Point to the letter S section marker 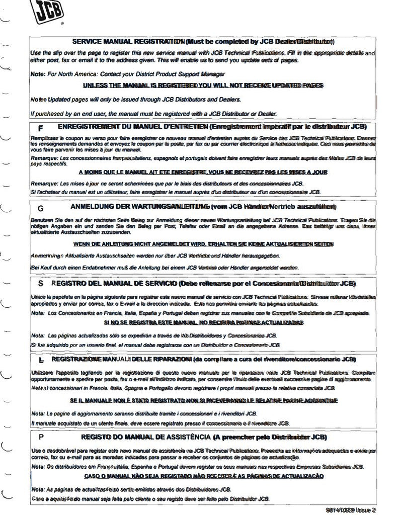(x=40, y=284)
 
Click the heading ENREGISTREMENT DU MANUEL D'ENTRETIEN (x=212, y=126)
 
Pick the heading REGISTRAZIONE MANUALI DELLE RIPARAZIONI (x=203, y=360)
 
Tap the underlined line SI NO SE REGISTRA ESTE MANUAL (x=203, y=322)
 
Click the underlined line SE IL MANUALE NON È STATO (x=203, y=400)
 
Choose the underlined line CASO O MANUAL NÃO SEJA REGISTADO (x=203, y=476)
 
